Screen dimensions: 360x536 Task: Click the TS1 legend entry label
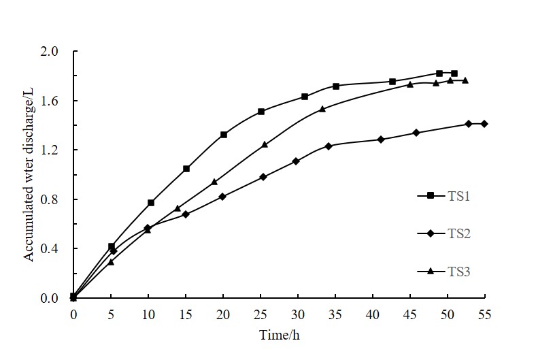point(460,196)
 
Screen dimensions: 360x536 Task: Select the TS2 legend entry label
point(460,233)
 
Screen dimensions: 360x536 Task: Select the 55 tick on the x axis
point(484,315)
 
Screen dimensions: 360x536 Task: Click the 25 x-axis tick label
point(261,315)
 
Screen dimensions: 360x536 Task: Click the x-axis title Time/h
point(279,335)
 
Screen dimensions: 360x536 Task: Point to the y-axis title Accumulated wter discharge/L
point(29,175)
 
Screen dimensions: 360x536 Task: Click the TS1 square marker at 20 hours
point(224,135)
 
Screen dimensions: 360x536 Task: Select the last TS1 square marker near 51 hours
point(454,73)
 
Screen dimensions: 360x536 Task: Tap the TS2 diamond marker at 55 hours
point(484,124)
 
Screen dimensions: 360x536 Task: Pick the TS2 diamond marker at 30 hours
point(296,161)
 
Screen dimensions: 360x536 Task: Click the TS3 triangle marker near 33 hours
point(322,109)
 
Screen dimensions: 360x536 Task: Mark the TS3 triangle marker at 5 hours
point(111,262)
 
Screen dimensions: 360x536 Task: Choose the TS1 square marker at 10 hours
point(151,203)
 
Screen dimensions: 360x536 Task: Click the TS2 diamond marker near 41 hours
point(381,140)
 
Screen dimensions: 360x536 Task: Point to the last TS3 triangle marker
point(465,80)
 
